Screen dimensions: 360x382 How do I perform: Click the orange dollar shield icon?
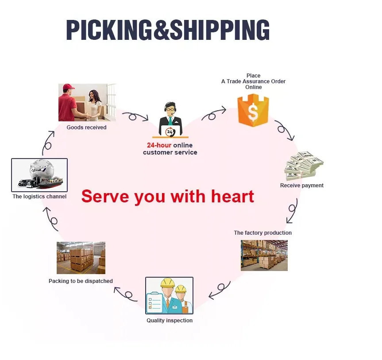coord(253,110)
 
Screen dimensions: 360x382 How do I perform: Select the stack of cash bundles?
coord(304,166)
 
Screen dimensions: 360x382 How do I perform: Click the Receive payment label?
coord(302,186)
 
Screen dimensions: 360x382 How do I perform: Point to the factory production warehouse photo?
coord(264,255)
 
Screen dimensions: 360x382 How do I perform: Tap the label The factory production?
coord(263,233)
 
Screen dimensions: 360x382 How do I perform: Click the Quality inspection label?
coord(170,321)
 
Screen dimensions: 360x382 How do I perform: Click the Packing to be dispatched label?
coord(81,281)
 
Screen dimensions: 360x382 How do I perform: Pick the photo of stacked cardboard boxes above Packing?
coord(81,258)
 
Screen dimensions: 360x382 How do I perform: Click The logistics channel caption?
coord(39,197)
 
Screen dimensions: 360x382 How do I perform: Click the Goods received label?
coord(87,128)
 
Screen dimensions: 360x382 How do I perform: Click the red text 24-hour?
coord(159,145)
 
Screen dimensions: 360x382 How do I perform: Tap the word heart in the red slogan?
coord(231,196)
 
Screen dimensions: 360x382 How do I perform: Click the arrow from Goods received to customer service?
coord(135,117)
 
